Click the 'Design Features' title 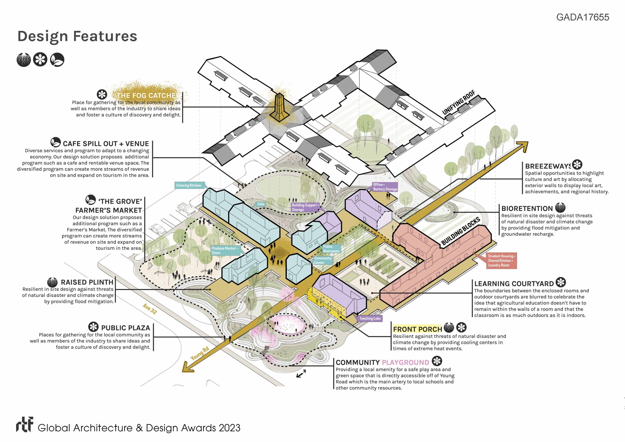click(77, 36)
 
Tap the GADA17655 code click(583, 17)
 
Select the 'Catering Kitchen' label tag click(189, 185)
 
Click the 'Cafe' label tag click(261, 204)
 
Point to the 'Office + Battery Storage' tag click(385, 187)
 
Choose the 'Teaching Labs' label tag click(370, 318)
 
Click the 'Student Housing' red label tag click(501, 261)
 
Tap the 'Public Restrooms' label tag click(331, 249)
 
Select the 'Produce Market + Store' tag click(225, 251)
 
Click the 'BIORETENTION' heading click(527, 209)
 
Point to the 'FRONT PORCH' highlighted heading click(417, 329)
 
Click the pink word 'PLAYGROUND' click(405, 362)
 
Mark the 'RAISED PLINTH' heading click(87, 282)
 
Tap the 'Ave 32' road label click(150, 309)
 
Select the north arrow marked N click(301, 374)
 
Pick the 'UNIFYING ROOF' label click(458, 102)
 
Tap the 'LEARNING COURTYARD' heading click(514, 284)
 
